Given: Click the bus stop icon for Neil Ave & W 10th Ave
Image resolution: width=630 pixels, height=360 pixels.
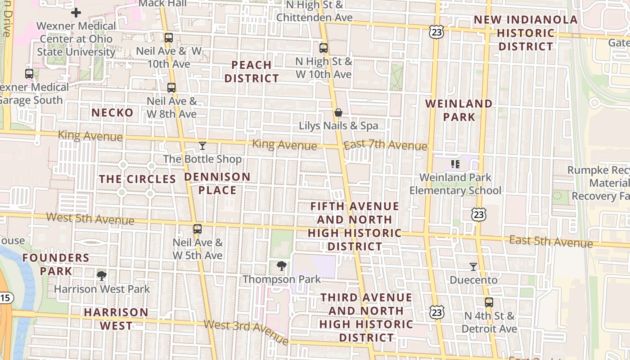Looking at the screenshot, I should point(169,38).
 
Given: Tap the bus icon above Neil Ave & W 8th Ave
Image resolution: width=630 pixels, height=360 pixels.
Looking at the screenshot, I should point(171,88).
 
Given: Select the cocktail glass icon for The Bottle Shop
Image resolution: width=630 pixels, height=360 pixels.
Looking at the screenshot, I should point(202,146).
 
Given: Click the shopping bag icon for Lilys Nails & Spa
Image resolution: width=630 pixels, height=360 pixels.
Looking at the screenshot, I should point(338,112).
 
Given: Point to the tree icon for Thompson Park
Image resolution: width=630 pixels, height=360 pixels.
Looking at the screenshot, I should point(282,266).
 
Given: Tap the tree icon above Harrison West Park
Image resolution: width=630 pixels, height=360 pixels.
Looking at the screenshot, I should point(102,275).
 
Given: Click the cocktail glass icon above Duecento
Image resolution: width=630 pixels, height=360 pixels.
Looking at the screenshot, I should point(473,267).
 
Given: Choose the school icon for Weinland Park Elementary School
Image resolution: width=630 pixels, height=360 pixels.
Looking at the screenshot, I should point(455,164).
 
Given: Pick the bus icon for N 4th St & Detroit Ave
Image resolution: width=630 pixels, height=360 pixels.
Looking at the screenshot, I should point(489,302).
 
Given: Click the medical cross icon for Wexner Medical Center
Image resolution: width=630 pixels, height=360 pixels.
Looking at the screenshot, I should point(76,13).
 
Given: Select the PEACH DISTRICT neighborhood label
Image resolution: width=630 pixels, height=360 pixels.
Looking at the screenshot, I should point(252,72).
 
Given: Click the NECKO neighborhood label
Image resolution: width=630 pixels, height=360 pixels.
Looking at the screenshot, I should point(112,112).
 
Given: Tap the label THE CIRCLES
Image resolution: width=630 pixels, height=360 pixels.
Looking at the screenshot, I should point(137,179).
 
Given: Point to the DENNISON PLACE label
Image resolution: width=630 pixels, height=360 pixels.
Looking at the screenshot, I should point(217,183).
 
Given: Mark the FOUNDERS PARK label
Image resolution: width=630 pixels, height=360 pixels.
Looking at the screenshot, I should point(56,264).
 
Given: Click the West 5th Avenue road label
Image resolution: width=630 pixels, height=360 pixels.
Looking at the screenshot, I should point(90,219).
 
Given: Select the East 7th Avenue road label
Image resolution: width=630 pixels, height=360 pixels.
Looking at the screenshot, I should point(385,145).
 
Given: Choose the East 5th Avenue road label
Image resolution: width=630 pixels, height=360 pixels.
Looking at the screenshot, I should point(551,241).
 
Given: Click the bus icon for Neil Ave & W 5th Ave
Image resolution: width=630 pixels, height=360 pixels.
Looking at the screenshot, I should point(198,229).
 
